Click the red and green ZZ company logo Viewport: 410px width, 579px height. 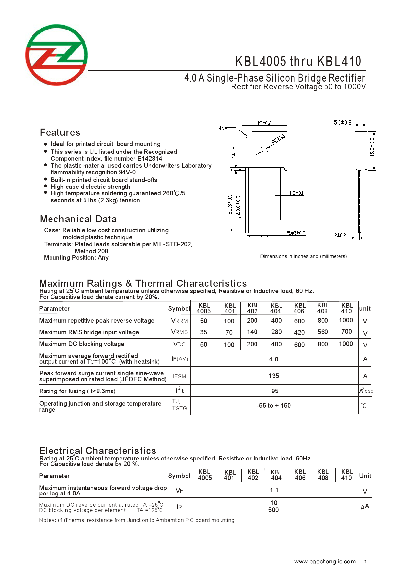57,55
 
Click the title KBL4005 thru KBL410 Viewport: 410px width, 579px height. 298,62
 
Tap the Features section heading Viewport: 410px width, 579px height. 60,133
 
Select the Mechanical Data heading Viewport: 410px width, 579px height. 78,219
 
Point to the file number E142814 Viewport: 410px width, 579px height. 150,159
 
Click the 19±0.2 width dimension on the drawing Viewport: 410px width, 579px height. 264,123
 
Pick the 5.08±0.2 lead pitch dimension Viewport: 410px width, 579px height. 296,233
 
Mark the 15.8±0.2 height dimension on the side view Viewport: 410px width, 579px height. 372,147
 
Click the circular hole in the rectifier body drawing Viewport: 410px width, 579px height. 264,149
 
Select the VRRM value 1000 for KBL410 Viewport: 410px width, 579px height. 346,320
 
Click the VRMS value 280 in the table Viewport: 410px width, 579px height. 276,332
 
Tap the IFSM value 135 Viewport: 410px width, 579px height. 274,376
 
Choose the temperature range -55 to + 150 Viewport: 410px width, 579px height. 274,406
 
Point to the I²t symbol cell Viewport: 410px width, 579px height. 179,391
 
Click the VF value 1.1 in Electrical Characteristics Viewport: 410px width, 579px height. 274,490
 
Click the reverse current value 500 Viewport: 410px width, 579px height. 273,510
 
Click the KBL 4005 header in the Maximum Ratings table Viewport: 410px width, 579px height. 204,308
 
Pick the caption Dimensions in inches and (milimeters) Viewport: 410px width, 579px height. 303,256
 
